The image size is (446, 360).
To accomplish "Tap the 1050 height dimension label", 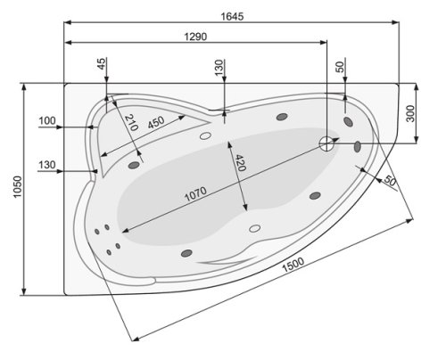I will click(10, 189).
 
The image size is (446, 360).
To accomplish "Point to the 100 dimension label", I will click(47, 120).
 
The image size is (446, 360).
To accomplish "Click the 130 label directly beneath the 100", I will click(47, 165).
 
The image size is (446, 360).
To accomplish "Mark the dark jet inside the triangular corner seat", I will click(136, 163).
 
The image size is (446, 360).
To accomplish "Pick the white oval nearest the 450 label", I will click(206, 136).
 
